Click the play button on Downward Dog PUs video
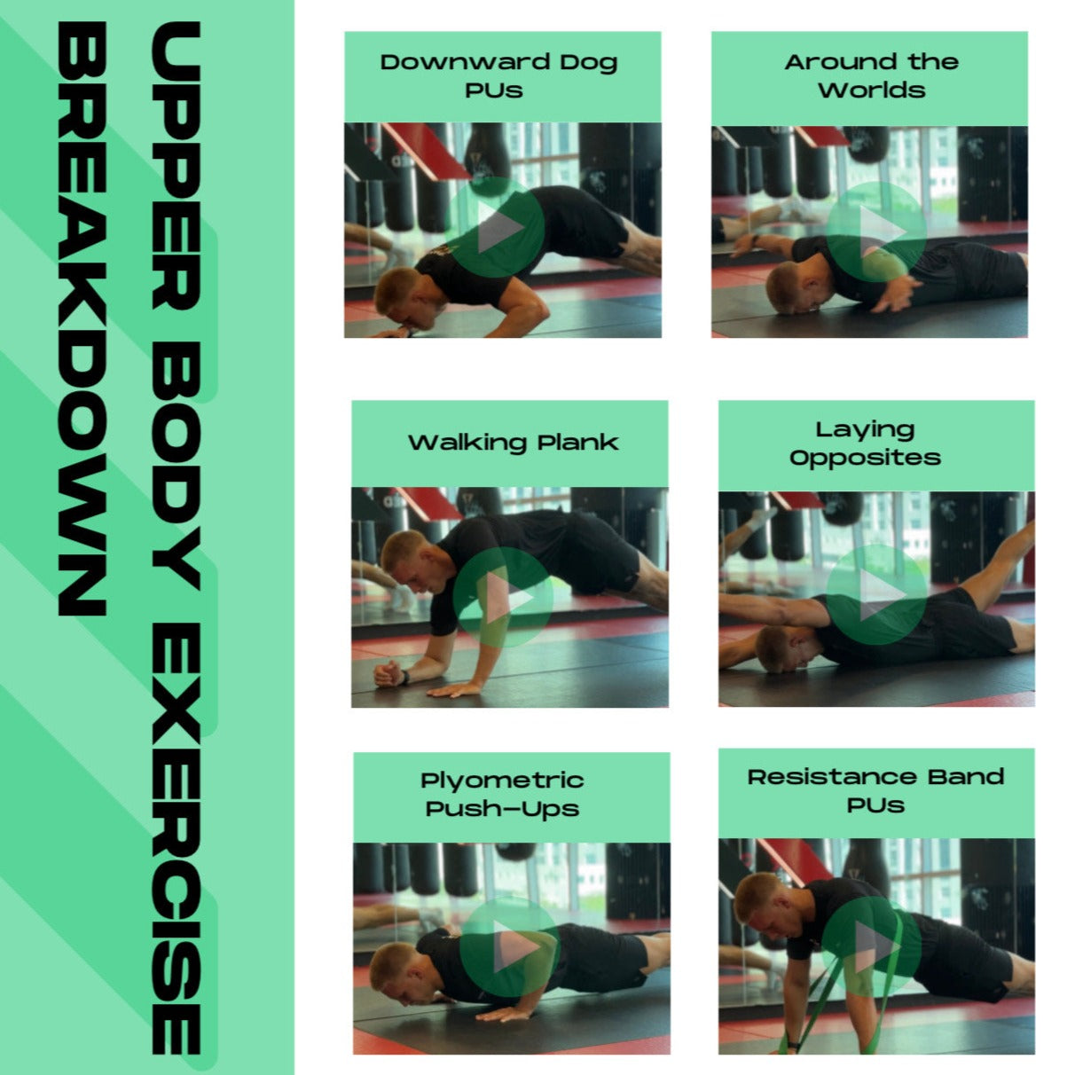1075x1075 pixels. [497, 228]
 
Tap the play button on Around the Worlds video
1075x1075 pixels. [875, 231]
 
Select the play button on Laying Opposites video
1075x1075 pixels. [875, 594]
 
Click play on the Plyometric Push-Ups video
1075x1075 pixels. [510, 946]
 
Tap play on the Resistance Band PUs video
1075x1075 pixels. [871, 946]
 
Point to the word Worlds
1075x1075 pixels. [871, 90]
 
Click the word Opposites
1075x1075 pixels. [866, 458]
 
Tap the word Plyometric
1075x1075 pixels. [502, 781]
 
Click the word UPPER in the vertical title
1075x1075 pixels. [177, 166]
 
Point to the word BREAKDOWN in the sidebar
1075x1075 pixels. [82, 318]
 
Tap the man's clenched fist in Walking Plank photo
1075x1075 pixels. [388, 674]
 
